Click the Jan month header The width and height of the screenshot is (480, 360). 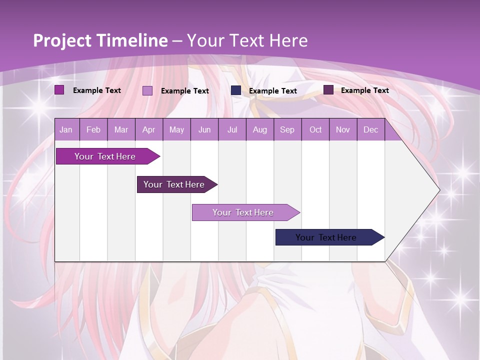(x=66, y=129)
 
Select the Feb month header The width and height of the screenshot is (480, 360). (x=93, y=129)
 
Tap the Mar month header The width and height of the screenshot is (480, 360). (x=121, y=129)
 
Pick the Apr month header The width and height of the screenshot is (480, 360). (x=149, y=129)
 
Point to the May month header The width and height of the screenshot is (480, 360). (x=176, y=129)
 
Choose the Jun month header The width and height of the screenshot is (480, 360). (x=204, y=129)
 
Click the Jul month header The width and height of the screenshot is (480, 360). (x=232, y=129)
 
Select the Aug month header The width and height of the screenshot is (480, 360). (x=260, y=129)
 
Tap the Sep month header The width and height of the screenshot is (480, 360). (x=287, y=129)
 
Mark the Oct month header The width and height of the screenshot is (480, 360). (x=315, y=129)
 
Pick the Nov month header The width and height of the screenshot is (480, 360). (x=343, y=129)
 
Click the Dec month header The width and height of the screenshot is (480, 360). (x=371, y=129)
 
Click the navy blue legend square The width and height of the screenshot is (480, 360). (x=236, y=90)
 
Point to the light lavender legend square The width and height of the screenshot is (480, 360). (x=147, y=90)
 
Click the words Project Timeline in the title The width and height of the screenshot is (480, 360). (x=100, y=40)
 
